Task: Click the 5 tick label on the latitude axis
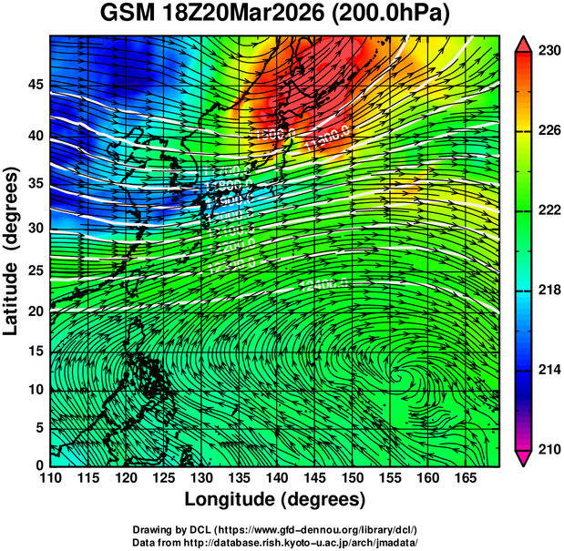pyautogui.click(x=36, y=427)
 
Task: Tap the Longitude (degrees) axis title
pyautogui.click(x=274, y=499)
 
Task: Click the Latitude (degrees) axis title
pyautogui.click(x=12, y=250)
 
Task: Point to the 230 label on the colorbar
pyautogui.click(x=547, y=51)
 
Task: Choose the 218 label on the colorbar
pyautogui.click(x=547, y=290)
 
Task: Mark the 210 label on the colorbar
pyautogui.click(x=547, y=449)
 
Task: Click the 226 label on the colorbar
pyautogui.click(x=547, y=130)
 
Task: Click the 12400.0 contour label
pyautogui.click(x=324, y=285)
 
